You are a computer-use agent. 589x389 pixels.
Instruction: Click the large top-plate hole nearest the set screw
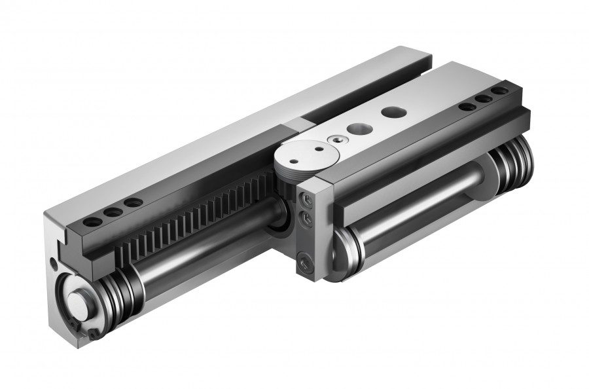coord(359,128)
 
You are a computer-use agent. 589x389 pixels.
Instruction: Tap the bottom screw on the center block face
coord(305,262)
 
